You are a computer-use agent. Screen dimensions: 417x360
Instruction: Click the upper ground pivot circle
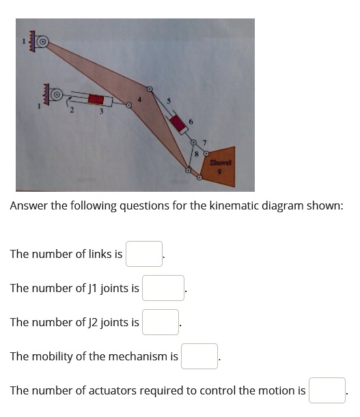click(43, 42)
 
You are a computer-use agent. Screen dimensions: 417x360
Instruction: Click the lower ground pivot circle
click(57, 93)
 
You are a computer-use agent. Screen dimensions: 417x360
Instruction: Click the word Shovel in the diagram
click(221, 162)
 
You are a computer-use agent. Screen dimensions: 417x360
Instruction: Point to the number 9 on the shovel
click(220, 173)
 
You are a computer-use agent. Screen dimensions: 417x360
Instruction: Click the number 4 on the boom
click(139, 100)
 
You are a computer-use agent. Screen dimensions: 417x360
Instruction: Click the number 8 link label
click(195, 154)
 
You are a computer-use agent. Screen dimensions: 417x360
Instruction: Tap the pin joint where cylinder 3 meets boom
click(128, 106)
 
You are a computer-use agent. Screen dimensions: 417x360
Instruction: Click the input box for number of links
click(144, 254)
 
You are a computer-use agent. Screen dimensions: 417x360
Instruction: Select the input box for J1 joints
click(163, 288)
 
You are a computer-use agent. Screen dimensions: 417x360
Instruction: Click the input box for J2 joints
click(161, 322)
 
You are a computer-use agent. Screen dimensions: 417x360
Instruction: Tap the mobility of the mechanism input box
click(199, 356)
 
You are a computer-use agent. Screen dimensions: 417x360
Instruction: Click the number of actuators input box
click(327, 390)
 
